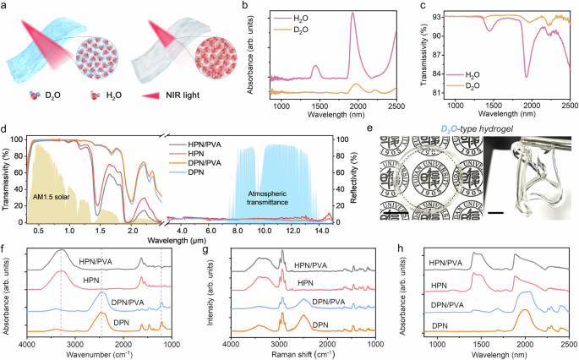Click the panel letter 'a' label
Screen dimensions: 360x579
(x=6, y=7)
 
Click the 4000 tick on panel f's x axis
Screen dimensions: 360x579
(x=27, y=345)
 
